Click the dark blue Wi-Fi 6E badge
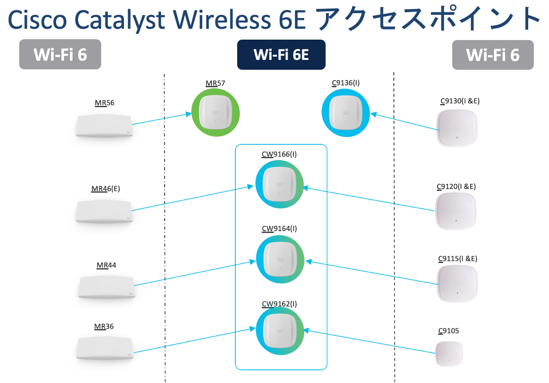click(281, 55)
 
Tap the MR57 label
click(216, 83)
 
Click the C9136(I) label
click(346, 83)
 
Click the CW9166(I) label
click(279, 154)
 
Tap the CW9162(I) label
click(279, 303)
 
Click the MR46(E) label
click(106, 189)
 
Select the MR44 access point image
click(107, 286)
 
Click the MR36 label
click(104, 326)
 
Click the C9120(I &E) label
click(456, 186)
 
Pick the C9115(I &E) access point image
click(457, 283)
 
